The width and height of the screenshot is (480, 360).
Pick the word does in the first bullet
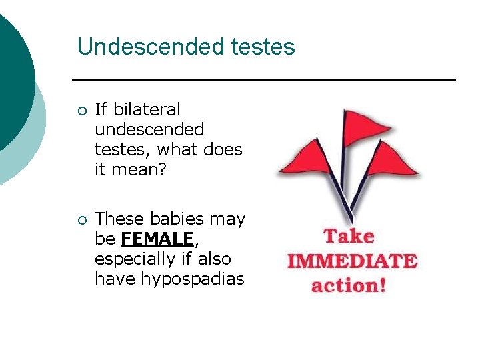tap(223, 149)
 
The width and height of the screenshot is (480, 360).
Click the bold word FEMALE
tap(157, 239)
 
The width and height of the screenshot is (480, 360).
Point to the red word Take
tap(349, 236)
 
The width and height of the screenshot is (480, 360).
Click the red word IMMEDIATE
tap(352, 261)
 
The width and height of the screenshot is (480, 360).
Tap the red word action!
tap(349, 285)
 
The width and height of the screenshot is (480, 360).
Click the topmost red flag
tap(359, 126)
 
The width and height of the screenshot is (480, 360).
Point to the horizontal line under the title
tap(263, 80)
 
